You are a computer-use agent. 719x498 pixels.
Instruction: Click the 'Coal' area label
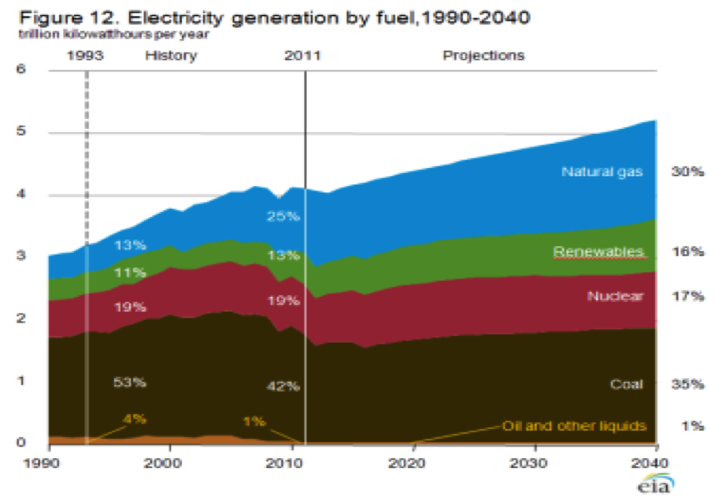628,384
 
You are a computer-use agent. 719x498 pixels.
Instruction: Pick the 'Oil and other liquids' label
574,426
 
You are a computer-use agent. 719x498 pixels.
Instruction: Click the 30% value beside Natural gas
688,173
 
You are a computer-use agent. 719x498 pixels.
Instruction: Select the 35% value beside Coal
688,384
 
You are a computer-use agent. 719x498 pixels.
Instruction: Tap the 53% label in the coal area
130,382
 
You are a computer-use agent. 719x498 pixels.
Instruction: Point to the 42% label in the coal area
283,387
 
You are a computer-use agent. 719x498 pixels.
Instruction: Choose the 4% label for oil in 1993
134,418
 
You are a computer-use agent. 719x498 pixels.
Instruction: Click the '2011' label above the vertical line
303,56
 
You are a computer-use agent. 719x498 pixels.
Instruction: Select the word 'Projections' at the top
483,56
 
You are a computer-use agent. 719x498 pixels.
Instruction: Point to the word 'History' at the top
170,56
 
